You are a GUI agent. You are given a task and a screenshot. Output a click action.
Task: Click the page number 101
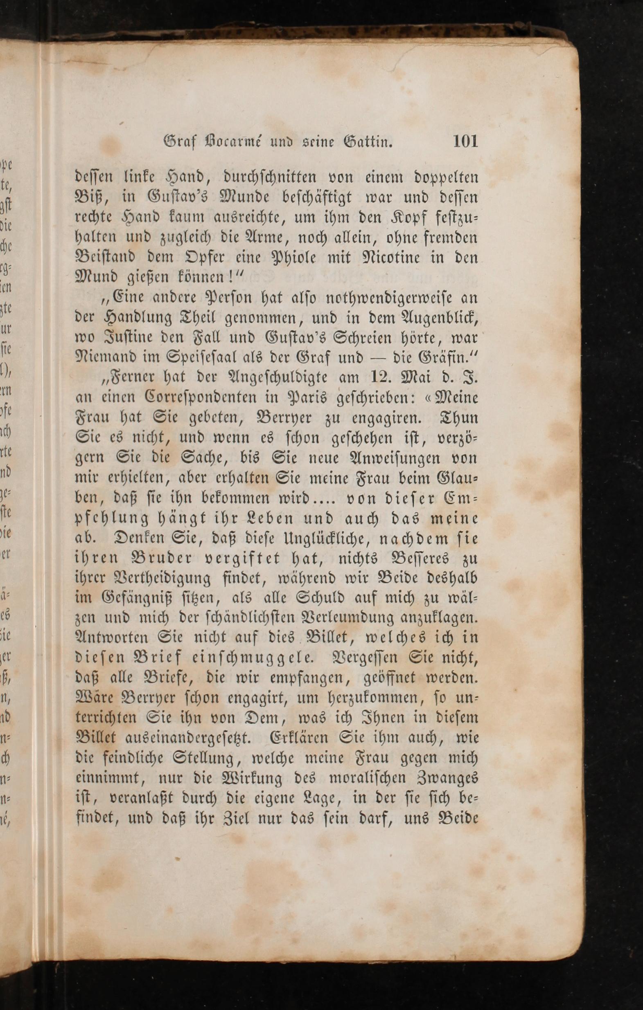point(465,141)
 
